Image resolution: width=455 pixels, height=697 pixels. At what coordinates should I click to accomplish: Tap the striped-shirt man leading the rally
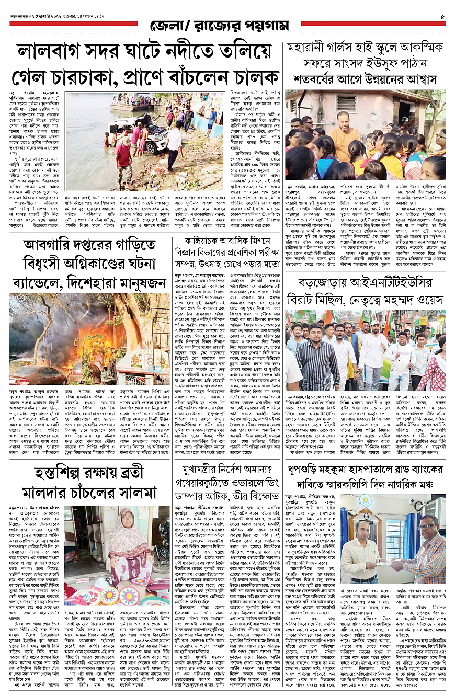click(317, 361)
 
